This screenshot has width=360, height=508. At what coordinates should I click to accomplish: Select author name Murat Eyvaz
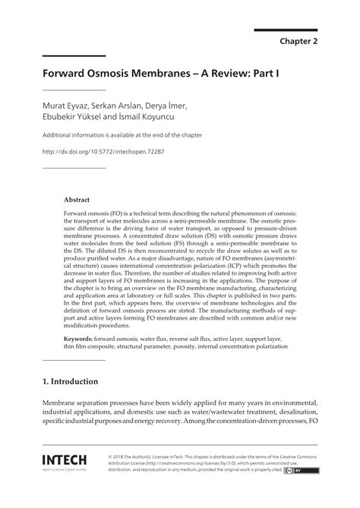(x=64, y=104)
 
